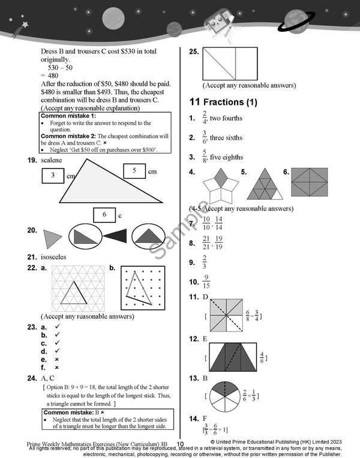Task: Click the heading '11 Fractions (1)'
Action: coord(223,103)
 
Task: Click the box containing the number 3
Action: coord(53,176)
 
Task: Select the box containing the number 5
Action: coord(134,171)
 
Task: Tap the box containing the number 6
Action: coord(104,214)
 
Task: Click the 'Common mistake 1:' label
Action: coord(68,116)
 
